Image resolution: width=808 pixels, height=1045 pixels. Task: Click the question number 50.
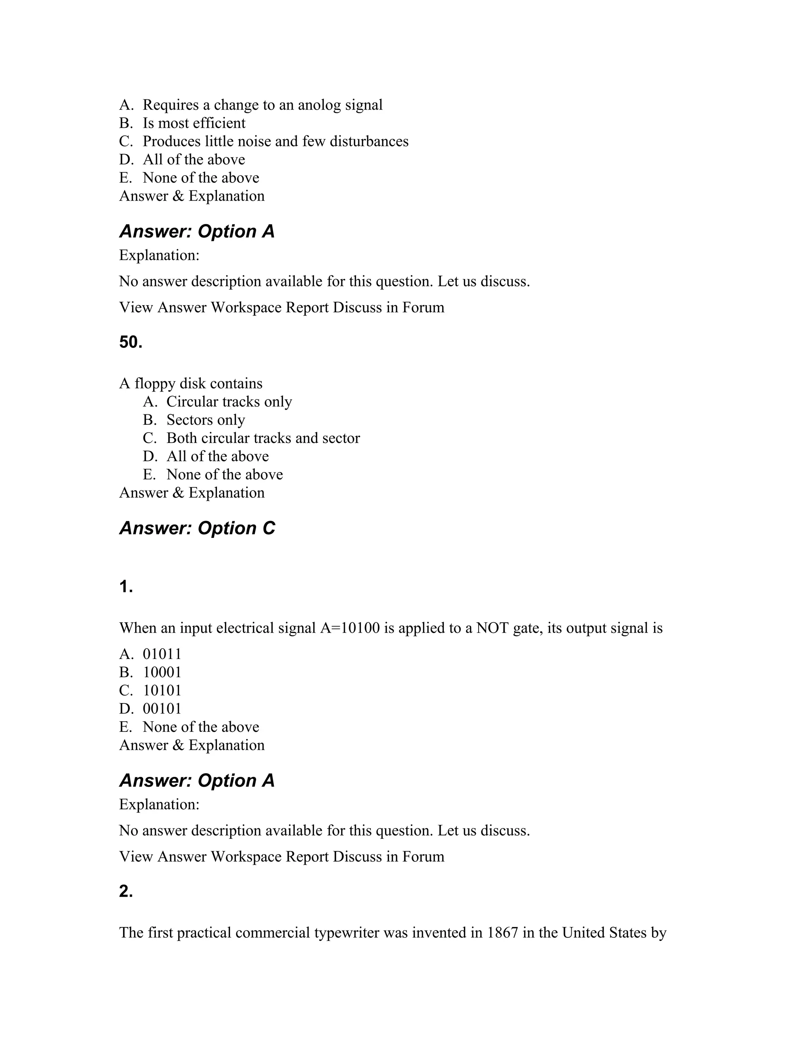tap(131, 342)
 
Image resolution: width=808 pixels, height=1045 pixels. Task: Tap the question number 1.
tap(126, 587)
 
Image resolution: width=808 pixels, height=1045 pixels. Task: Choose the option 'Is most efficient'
tap(194, 123)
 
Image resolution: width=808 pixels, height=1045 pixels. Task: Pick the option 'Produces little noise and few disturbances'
tap(275, 141)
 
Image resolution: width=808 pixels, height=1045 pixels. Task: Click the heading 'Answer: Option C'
tap(197, 528)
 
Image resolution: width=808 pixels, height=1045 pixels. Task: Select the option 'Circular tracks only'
tap(229, 401)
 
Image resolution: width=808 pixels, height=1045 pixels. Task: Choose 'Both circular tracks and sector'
tap(263, 438)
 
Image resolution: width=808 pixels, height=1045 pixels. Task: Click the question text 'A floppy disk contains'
tap(191, 383)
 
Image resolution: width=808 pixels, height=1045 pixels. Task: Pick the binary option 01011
tap(162, 654)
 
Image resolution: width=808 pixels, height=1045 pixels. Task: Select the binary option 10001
tap(162, 672)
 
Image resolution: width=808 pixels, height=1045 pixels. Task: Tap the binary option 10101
tap(162, 690)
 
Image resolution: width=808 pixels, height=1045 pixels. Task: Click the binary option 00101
tap(162, 709)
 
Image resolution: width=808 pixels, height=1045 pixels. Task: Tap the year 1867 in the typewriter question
tap(503, 933)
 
